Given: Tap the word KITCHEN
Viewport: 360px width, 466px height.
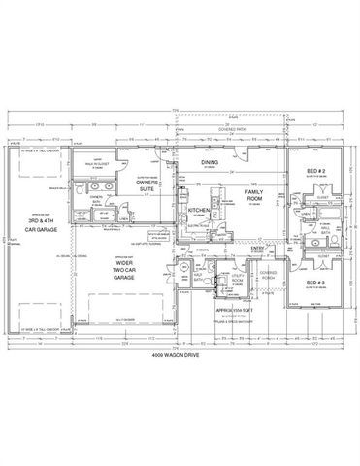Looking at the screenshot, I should [x=200, y=210].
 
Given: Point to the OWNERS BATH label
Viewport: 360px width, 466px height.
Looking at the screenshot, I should [x=96, y=199].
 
